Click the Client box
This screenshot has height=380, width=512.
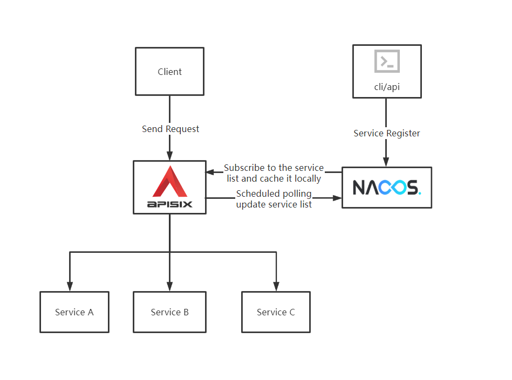pyautogui.click(x=169, y=72)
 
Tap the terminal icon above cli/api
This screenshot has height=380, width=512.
pyautogui.click(x=387, y=61)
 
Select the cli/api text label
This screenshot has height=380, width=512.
pyautogui.click(x=387, y=87)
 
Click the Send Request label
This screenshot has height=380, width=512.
pyautogui.click(x=170, y=129)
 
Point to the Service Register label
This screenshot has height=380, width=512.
pyautogui.click(x=387, y=133)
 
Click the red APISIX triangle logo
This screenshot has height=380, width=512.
pyautogui.click(x=170, y=182)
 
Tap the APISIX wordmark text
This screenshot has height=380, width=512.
pyautogui.click(x=169, y=204)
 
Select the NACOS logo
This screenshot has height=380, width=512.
pyautogui.click(x=387, y=187)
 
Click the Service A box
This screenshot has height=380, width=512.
pyautogui.click(x=74, y=312)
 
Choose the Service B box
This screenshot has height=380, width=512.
pyautogui.click(x=169, y=312)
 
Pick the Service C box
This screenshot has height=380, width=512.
pyautogui.click(x=276, y=312)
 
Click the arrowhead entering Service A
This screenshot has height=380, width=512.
pyautogui.click(x=69, y=286)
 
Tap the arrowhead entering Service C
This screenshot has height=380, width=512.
pyautogui.click(x=276, y=286)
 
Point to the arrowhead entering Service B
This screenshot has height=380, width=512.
pyautogui.click(x=169, y=286)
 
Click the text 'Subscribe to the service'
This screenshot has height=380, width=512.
pyautogui.click(x=274, y=168)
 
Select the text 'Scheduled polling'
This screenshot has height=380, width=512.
pyautogui.click(x=274, y=194)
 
